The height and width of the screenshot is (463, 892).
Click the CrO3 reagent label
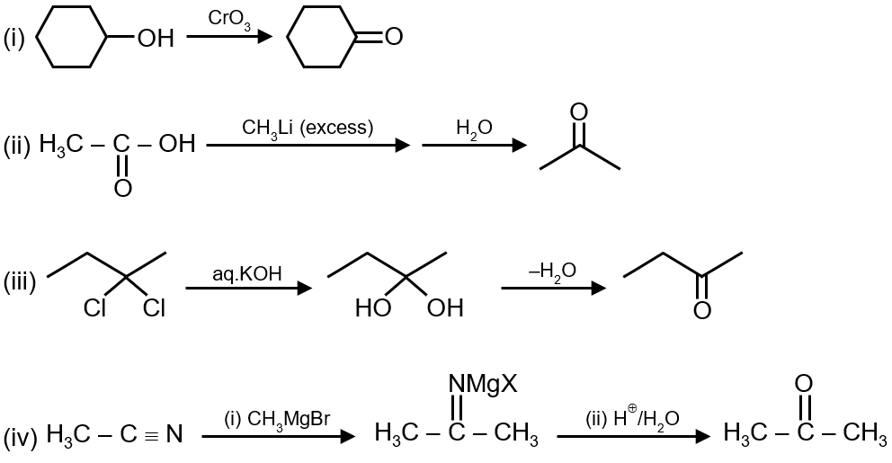229,19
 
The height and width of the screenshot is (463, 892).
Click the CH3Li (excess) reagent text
308,128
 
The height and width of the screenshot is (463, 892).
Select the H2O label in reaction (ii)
474,129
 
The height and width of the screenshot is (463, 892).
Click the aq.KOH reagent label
248,272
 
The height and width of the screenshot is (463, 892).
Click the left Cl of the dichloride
94,309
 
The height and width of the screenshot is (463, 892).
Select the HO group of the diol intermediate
372,309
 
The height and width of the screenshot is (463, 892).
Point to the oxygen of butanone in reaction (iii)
702,311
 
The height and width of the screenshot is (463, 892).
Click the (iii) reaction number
19,284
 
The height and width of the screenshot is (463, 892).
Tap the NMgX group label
483,385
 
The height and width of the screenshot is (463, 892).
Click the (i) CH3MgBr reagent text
278,420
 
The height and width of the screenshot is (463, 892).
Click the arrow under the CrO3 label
228,37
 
